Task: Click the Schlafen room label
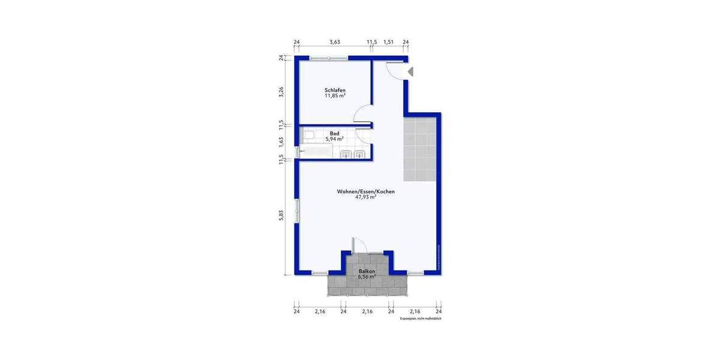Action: click(335, 90)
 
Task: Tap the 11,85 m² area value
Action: click(335, 96)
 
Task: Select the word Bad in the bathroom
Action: click(334, 133)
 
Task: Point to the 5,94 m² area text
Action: click(334, 139)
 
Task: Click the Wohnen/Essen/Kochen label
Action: click(365, 191)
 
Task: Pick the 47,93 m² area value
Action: click(365, 197)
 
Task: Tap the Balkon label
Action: click(367, 271)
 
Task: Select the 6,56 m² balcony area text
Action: click(367, 277)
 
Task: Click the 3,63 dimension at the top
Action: click(335, 42)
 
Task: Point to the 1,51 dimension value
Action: click(388, 42)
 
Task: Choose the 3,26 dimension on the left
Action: click(281, 92)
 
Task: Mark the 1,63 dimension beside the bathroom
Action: click(281, 142)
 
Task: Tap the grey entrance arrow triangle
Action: click(411, 71)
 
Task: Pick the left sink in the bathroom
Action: click(347, 155)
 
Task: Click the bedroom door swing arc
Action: click(361, 112)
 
